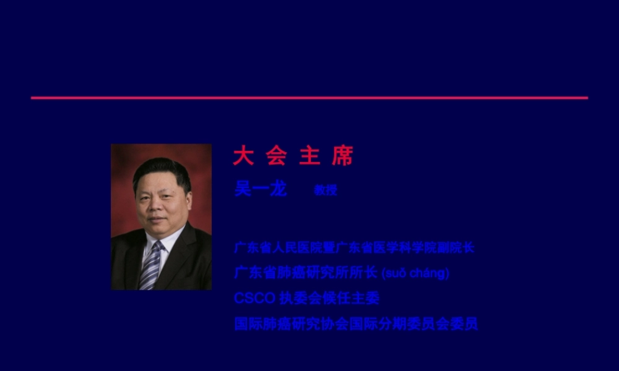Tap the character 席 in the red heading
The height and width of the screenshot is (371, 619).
[342, 156]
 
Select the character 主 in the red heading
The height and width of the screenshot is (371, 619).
[309, 156]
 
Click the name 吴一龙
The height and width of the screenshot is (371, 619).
[260, 189]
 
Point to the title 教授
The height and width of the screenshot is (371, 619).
[325, 190]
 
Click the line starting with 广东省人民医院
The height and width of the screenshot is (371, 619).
[354, 248]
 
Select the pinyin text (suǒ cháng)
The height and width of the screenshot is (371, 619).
[415, 273]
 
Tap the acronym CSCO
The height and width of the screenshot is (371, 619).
[254, 298]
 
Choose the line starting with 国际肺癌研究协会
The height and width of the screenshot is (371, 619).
[356, 323]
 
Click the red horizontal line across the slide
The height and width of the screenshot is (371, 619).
[309, 98]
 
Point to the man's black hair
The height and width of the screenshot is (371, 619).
[161, 168]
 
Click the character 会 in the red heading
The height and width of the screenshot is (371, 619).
[276, 156]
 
